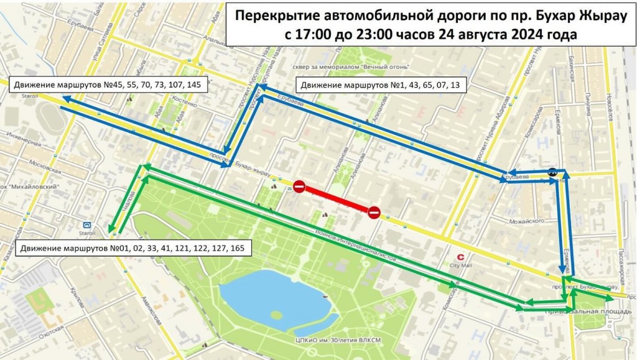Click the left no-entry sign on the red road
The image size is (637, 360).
pos(299,187)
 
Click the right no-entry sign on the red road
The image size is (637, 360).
pos(374,213)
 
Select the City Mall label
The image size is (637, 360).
pos(462,267)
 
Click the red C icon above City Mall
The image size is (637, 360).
pos(461,256)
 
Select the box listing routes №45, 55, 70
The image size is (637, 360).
pos(108,85)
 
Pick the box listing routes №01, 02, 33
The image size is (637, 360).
pos(132,249)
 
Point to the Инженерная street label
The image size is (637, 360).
pos(23,139)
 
